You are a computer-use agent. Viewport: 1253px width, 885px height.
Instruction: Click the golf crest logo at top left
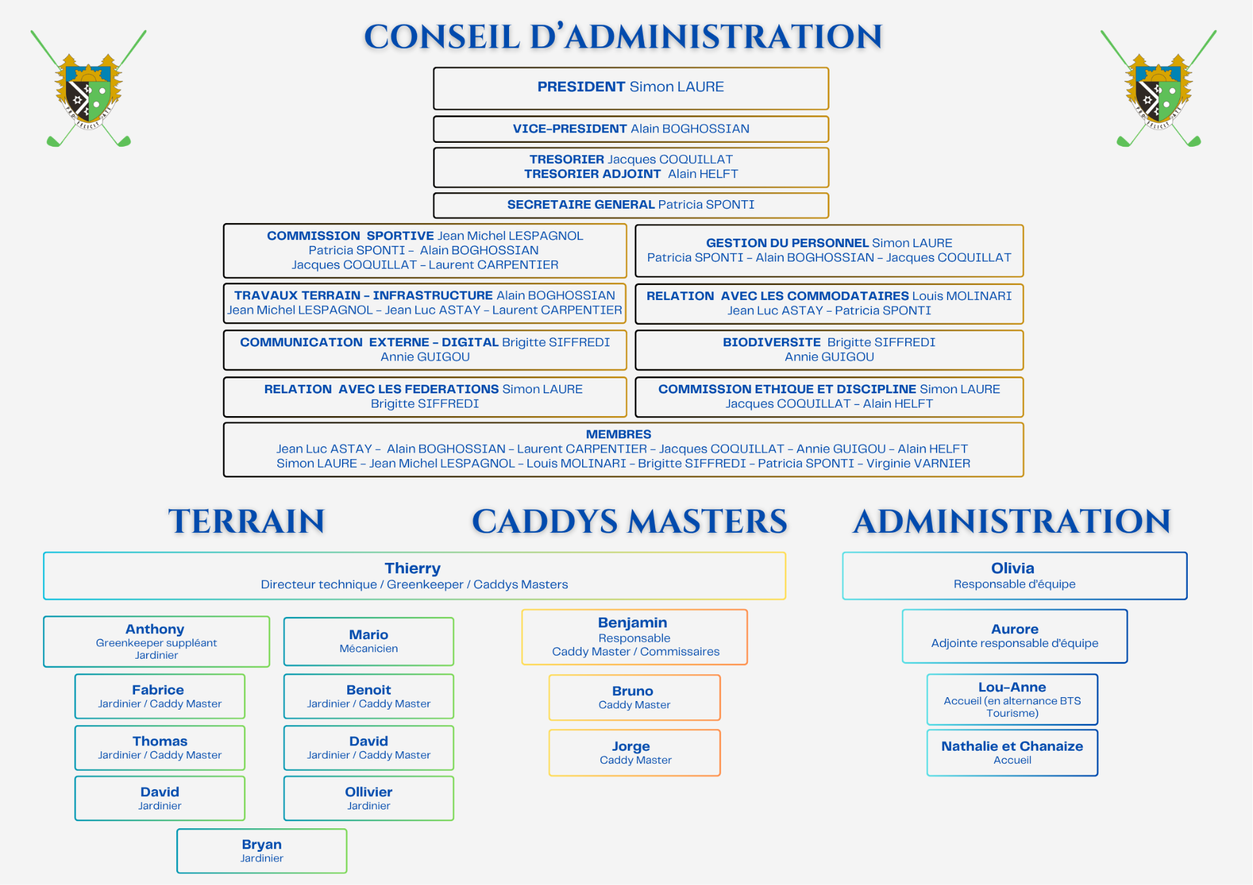tap(89, 88)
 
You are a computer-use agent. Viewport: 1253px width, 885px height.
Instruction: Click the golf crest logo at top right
tap(1158, 88)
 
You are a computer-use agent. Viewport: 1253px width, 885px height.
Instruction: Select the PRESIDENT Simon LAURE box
tap(631, 88)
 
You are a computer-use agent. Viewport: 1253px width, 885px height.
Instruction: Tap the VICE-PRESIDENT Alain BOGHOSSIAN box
tap(631, 129)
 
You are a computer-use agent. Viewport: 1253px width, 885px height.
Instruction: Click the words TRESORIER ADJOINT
tap(593, 174)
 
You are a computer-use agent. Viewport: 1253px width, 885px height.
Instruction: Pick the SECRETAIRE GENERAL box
tap(631, 205)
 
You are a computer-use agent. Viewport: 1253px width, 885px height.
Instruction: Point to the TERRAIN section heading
tap(247, 521)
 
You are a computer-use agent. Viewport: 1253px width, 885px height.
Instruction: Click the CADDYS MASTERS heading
tap(630, 521)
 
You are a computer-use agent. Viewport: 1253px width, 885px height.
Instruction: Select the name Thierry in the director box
tap(412, 568)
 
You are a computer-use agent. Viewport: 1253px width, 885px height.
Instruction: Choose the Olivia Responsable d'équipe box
tap(1015, 576)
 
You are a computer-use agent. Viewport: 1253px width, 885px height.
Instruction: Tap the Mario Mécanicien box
tap(369, 641)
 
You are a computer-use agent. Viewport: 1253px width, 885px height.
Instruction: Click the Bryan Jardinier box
tap(262, 850)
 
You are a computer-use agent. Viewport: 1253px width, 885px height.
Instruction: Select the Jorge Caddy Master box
tap(634, 753)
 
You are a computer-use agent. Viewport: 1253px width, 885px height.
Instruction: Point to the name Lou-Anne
tap(1012, 687)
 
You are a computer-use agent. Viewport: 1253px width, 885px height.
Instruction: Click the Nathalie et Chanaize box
tap(1012, 753)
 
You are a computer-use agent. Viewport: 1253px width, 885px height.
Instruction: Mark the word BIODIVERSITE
tap(771, 342)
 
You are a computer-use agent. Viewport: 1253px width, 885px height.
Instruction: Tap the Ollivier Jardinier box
tap(369, 798)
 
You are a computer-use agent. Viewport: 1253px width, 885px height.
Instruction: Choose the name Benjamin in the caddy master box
tap(632, 622)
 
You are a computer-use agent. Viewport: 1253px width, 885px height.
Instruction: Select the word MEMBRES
tap(619, 434)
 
